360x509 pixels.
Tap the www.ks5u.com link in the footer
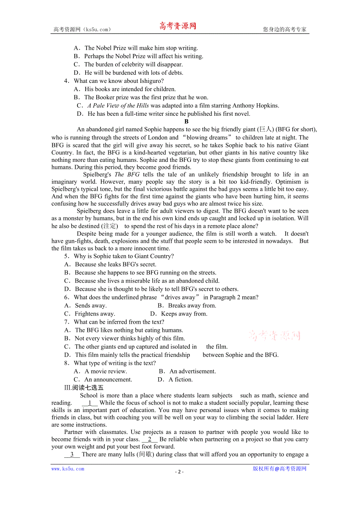(68, 469)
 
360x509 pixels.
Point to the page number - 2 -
(179, 471)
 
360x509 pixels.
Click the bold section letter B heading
(187, 122)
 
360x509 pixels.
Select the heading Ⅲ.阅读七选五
(84, 388)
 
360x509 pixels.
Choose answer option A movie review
(106, 371)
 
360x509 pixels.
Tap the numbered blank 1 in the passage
(90, 403)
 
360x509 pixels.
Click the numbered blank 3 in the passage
(72, 455)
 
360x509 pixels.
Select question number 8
(67, 363)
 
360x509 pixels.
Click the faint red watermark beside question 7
(274, 335)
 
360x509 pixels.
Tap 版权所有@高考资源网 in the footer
(279, 469)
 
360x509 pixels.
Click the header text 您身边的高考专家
(284, 29)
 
